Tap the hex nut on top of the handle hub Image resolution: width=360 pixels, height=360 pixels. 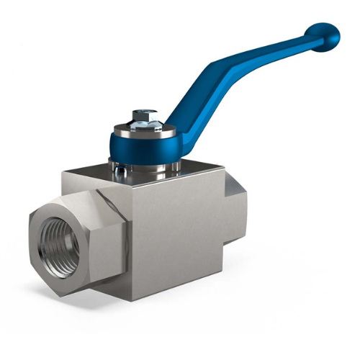click(x=145, y=116)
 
